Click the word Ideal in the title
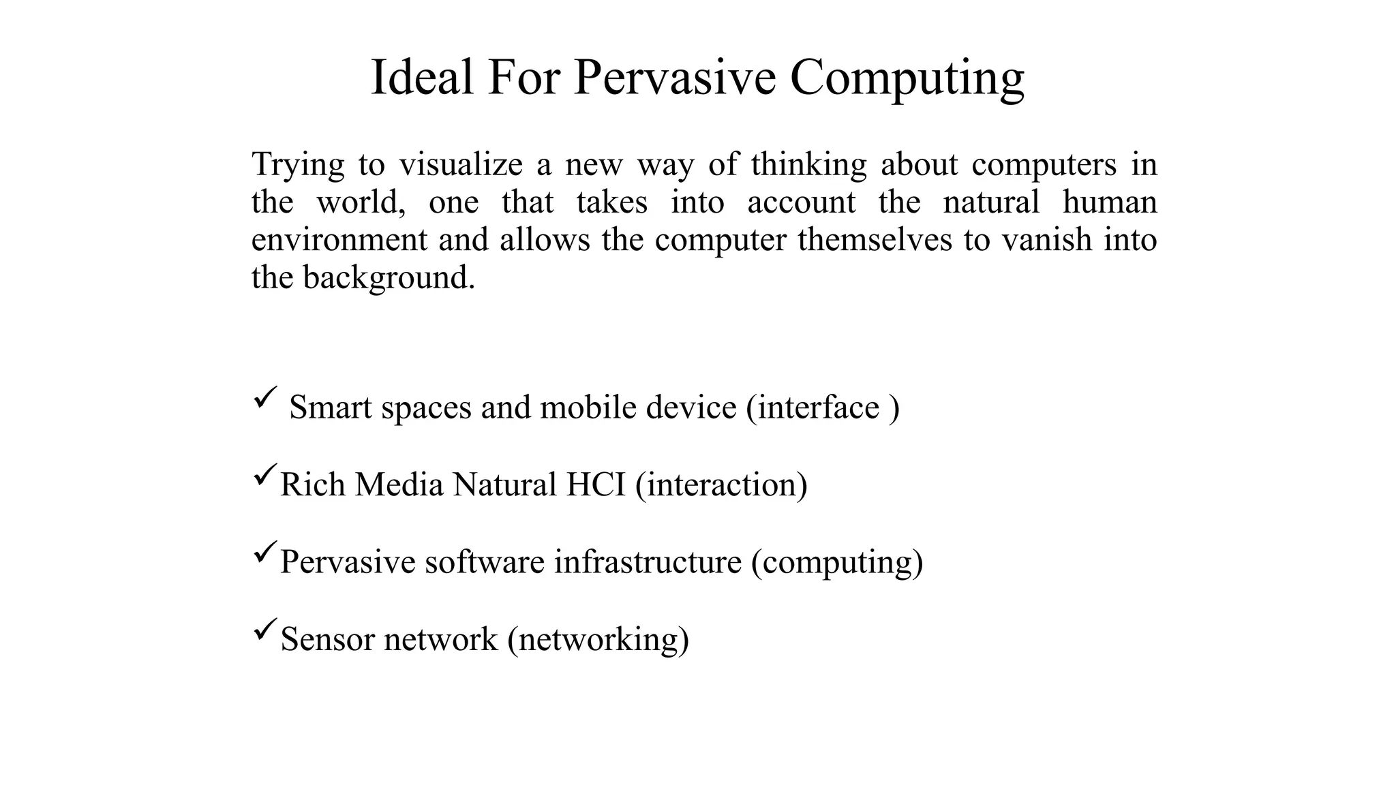click(422, 77)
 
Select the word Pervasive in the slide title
click(674, 77)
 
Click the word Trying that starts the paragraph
click(298, 166)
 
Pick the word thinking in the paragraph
click(808, 166)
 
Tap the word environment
click(339, 240)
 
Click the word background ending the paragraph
click(387, 278)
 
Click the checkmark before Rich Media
click(264, 474)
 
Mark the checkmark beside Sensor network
click(264, 629)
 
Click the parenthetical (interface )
click(823, 408)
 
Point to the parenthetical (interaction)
click(721, 485)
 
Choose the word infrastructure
click(647, 562)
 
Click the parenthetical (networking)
click(598, 640)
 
